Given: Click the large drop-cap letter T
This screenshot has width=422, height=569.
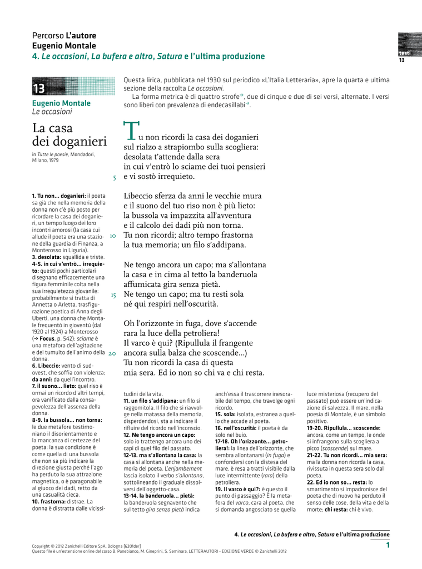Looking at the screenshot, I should pos(130,130).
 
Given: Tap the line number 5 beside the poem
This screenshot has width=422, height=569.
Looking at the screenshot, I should pos(114,178).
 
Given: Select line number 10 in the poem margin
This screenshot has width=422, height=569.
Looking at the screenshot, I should pos(112,236).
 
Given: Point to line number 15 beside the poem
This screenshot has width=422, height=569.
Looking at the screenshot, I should pos(113,295).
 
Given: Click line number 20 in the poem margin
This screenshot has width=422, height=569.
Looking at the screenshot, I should pos(112,353).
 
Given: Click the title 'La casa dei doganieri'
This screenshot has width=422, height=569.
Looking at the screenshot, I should pos(69,135).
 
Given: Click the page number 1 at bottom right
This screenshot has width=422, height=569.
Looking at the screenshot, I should pos(388,546).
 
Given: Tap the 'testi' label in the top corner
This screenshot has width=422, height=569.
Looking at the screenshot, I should pos(404,53).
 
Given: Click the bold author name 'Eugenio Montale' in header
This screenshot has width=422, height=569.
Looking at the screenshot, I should pos(64,46).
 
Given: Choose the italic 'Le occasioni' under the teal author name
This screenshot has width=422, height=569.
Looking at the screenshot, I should pos(52,112).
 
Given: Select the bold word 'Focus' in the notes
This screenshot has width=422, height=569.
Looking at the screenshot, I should pos(47,338).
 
